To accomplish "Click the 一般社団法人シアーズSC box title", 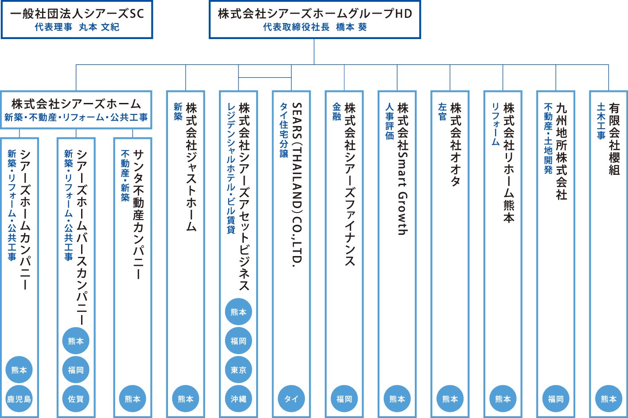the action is coord(77,13).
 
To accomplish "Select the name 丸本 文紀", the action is coord(99,27).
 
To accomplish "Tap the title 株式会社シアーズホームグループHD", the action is coord(315,13).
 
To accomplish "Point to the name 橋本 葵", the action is coord(351,27).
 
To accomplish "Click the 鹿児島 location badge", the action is coord(19,398).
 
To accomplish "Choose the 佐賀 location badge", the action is coord(76,398).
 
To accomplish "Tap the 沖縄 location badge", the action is coord(238,398).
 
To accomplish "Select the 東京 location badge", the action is coord(238,370).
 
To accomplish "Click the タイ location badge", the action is coord(291,398).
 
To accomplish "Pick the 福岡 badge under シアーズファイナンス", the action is coord(344,398).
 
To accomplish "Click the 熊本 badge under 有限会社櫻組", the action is coord(608,398).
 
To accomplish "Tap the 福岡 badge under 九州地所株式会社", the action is coord(556,398).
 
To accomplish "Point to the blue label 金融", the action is coord(336,111).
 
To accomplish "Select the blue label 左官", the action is coord(442,111).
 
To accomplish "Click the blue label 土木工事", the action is coord(601,121).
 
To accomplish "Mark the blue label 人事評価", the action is coord(390,121).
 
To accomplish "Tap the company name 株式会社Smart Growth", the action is coord(403,169).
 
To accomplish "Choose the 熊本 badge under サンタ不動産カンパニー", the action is coord(133,398).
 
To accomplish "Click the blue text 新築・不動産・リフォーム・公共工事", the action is coord(76,117).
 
